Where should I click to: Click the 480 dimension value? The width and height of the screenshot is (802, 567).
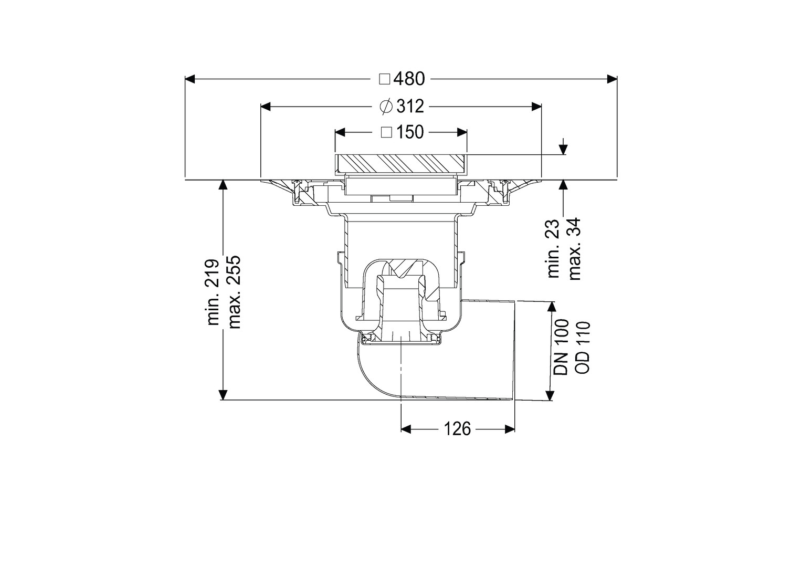click(409, 79)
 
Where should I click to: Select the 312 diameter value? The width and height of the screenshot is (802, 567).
click(410, 107)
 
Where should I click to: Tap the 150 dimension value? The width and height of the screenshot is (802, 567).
click(410, 132)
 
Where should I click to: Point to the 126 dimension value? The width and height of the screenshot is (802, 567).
click(457, 429)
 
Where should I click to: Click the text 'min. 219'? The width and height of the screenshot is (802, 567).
click(213, 292)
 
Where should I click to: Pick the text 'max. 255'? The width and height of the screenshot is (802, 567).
click(235, 292)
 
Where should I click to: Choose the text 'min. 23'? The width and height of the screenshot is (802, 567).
click(553, 248)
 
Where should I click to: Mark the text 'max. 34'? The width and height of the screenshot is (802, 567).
click(575, 248)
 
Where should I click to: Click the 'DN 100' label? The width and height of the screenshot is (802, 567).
click(561, 348)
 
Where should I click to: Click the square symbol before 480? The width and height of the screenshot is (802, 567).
click(385, 79)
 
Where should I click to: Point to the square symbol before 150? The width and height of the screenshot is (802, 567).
click(387, 132)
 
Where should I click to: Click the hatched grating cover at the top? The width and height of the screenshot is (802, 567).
click(401, 164)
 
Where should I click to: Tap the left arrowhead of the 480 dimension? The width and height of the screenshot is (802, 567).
click(190, 79)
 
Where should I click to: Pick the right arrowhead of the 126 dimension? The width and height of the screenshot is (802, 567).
click(510, 429)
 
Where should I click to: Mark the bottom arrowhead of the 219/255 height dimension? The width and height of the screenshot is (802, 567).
click(223, 395)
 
